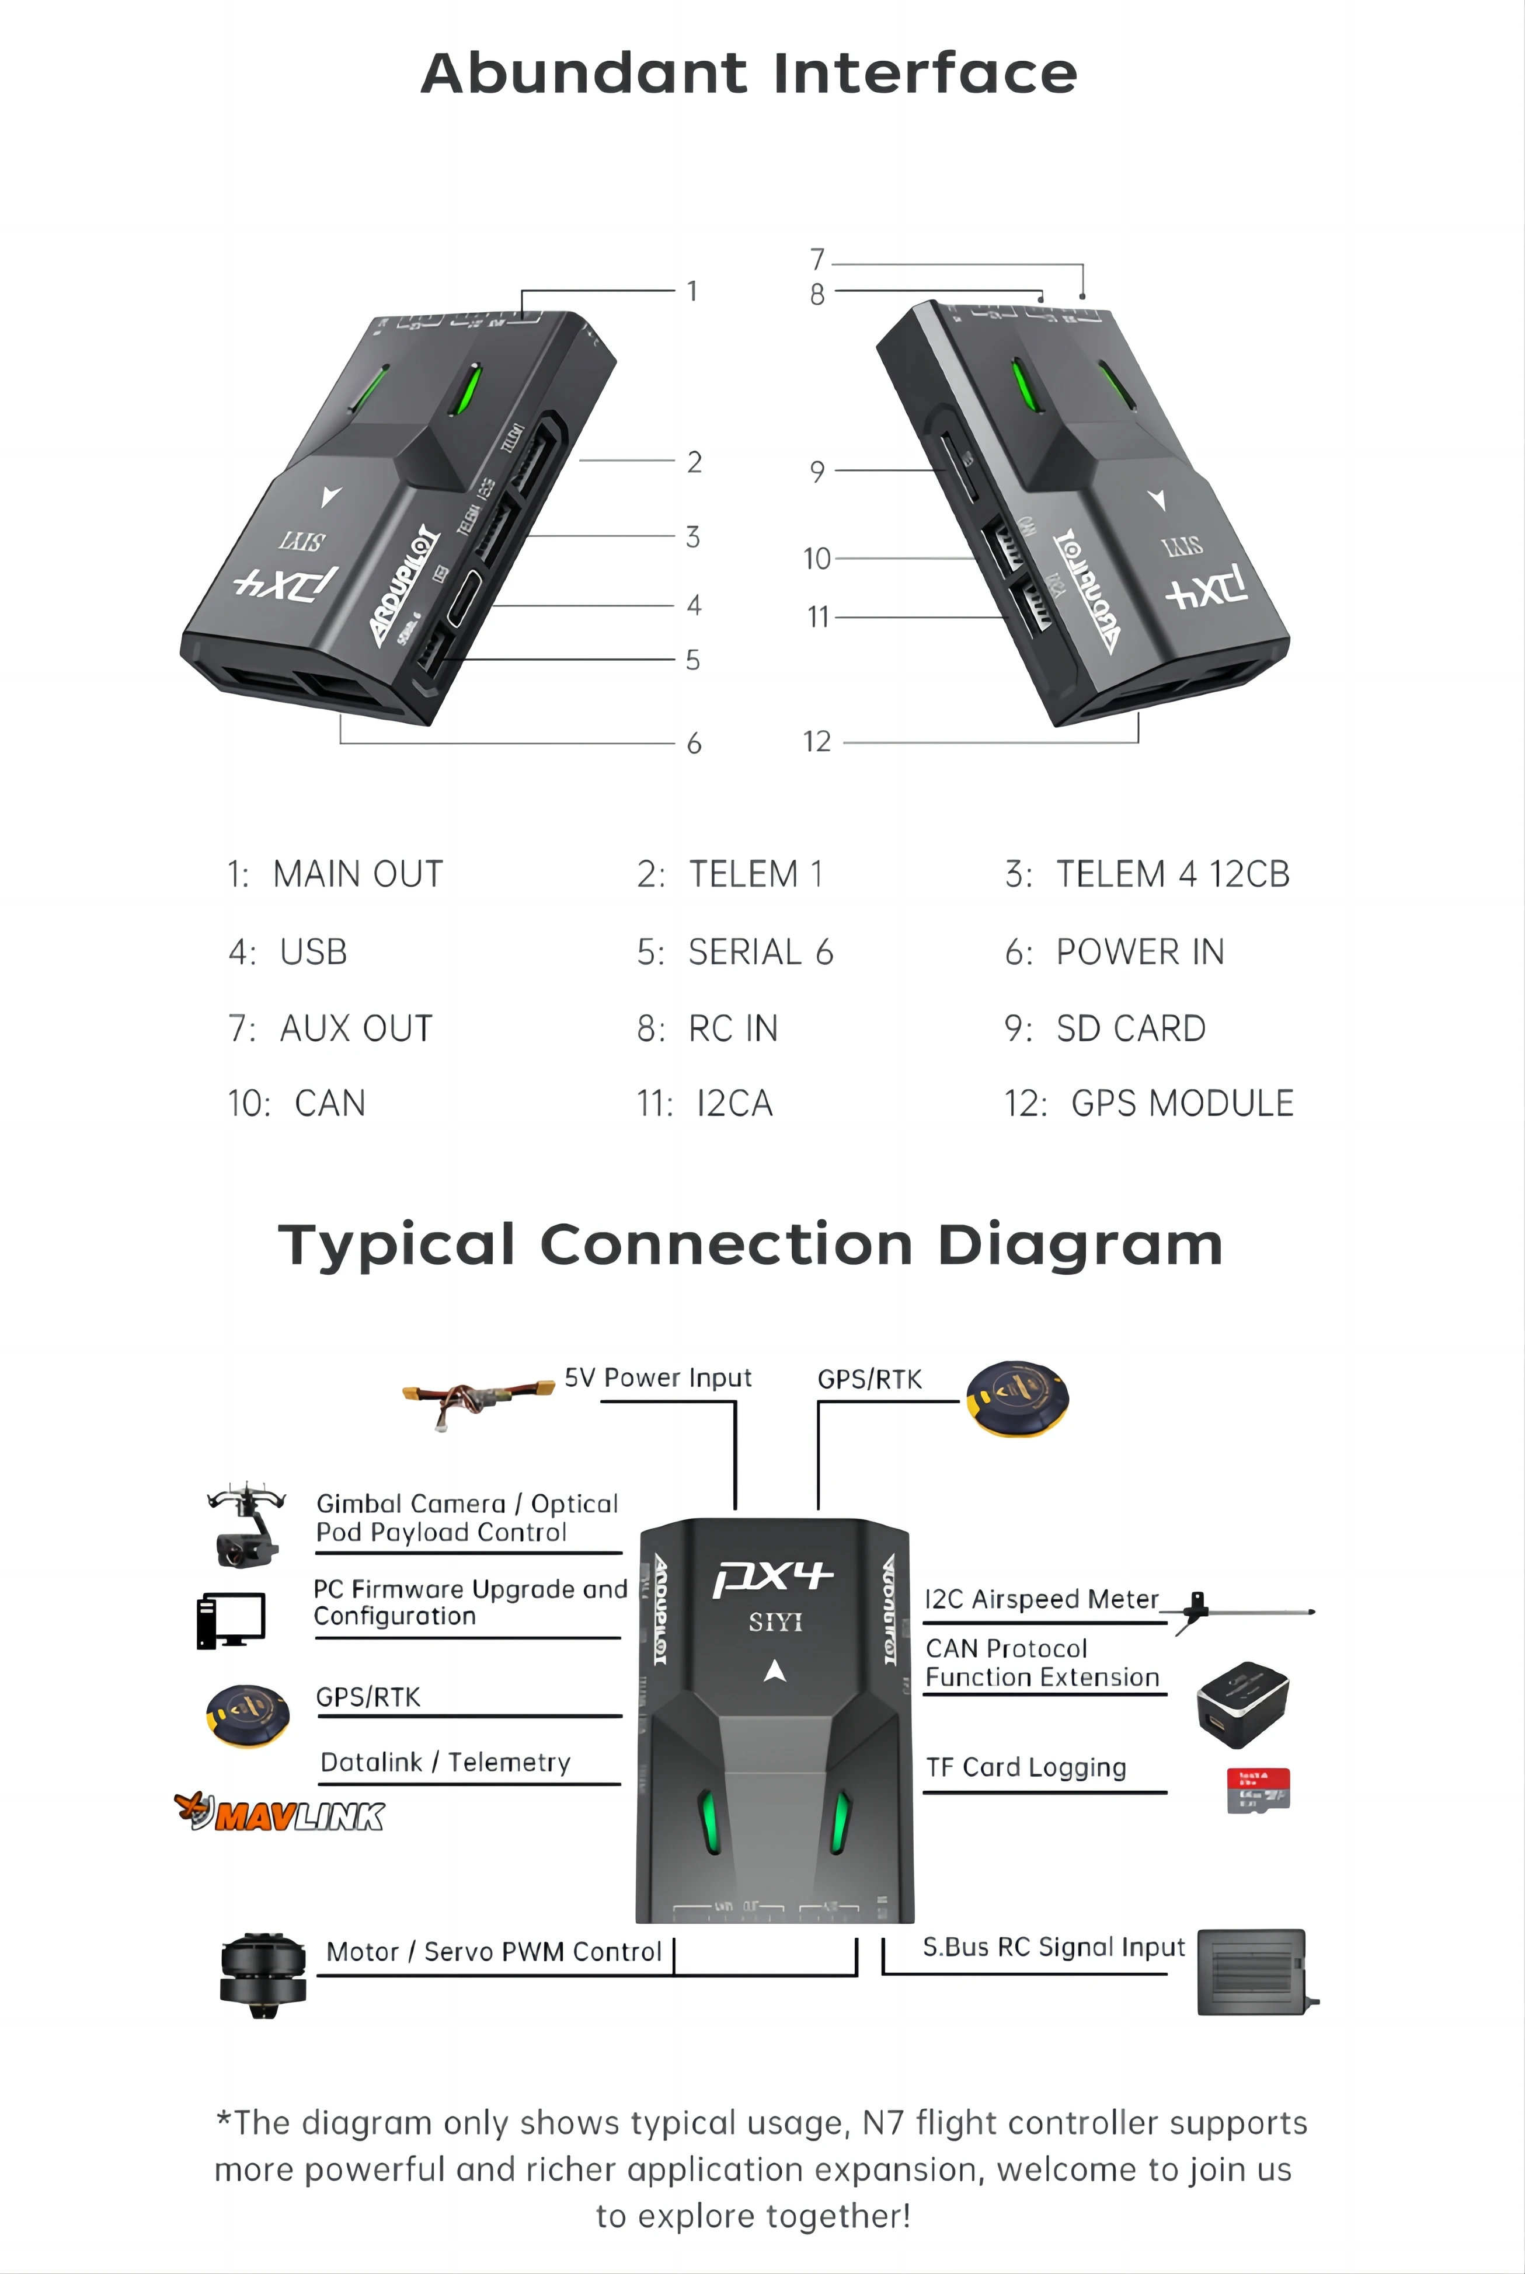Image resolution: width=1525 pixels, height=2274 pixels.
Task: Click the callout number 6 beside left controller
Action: [x=694, y=744]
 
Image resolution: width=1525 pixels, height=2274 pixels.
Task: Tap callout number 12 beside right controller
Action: [x=817, y=742]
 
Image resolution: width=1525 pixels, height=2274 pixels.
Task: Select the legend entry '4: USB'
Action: [x=288, y=952]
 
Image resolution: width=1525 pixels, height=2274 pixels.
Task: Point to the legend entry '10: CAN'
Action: [x=297, y=1104]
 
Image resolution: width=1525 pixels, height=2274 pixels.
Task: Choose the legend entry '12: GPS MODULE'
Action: [x=1148, y=1104]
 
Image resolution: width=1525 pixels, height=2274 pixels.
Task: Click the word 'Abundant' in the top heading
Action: [x=583, y=74]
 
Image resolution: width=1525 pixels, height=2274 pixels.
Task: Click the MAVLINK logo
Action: [x=280, y=1813]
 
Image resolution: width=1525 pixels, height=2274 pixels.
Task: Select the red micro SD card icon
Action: [x=1259, y=1790]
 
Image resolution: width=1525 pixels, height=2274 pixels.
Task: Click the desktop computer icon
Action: [x=231, y=1620]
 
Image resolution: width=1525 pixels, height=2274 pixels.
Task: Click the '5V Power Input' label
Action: [x=657, y=1377]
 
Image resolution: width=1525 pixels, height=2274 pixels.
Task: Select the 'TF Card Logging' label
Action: [x=1026, y=1767]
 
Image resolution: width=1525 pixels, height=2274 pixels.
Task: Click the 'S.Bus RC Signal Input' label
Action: [x=1053, y=1947]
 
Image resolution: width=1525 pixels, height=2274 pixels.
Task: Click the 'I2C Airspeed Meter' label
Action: [x=1040, y=1599]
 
